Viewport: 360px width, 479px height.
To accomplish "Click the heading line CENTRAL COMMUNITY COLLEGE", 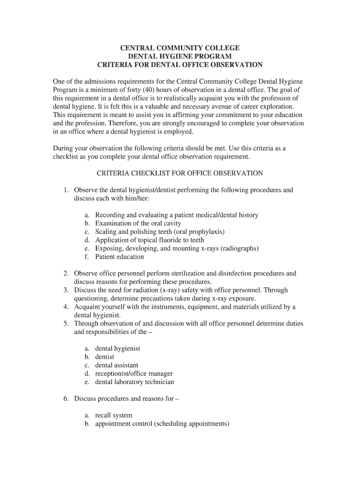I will tap(180, 48).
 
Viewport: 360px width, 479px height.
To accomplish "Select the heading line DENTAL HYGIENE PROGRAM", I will tap(180, 56).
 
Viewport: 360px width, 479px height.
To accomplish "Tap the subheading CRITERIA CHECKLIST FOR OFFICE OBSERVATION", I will tap(180, 173).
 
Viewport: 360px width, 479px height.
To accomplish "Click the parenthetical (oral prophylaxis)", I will tap(192, 232).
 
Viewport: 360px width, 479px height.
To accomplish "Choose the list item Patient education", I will tap(119, 257).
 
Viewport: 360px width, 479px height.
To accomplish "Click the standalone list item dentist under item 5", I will tap(104, 357).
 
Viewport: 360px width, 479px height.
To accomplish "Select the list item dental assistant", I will tap(116, 365).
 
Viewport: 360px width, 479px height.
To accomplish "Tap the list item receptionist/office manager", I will tap(134, 374).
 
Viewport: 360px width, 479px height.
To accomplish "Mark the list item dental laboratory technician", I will tap(134, 382).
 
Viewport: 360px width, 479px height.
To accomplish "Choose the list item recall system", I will tap(114, 415).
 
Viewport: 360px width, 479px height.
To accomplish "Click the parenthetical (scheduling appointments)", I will tap(192, 424).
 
